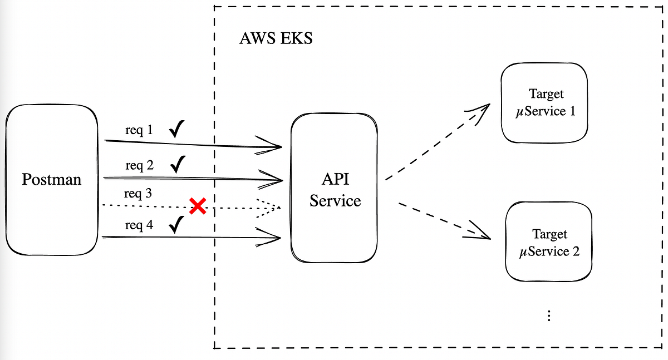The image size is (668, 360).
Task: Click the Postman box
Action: click(51, 180)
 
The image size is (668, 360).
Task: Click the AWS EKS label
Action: click(276, 39)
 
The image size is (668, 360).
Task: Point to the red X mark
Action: click(198, 206)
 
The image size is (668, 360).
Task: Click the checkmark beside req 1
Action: click(177, 130)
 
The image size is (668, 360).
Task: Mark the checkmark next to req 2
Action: click(178, 164)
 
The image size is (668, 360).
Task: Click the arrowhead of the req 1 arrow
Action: click(273, 146)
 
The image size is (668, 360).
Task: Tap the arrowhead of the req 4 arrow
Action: click(273, 239)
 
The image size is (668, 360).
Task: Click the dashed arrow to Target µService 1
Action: click(437, 142)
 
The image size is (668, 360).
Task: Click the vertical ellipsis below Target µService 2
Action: click(549, 315)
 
